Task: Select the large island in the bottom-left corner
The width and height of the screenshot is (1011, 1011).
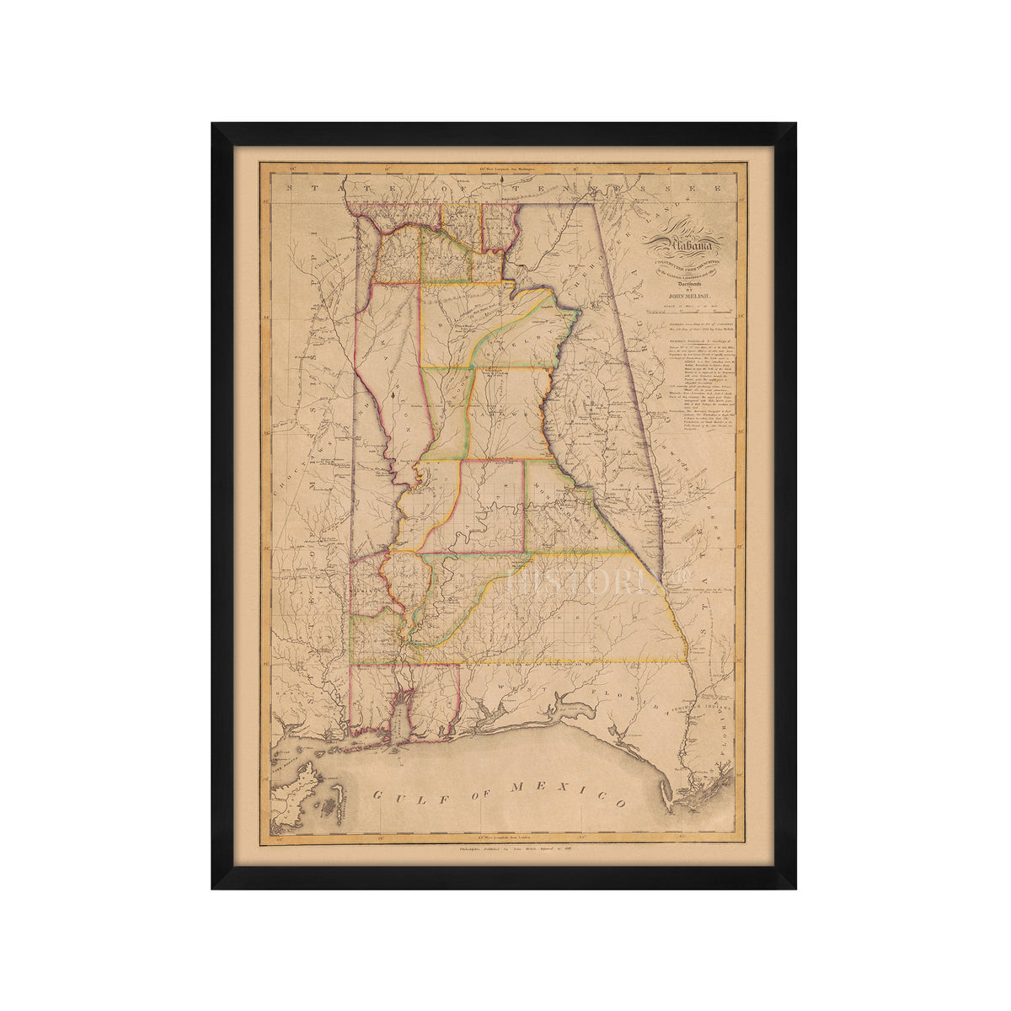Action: point(295,792)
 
